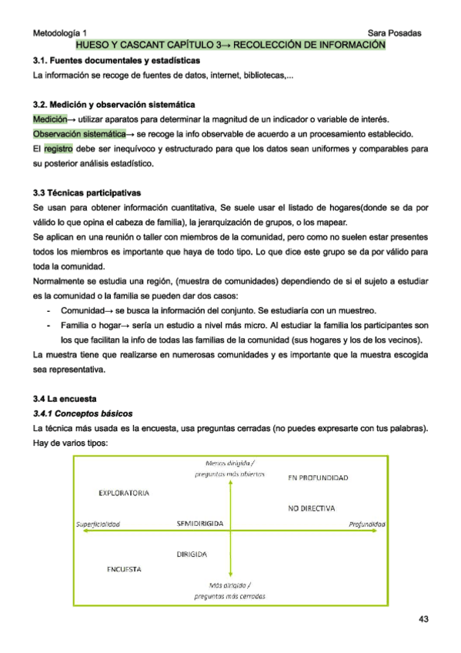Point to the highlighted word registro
[x=58, y=148]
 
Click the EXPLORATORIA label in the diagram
[x=124, y=493]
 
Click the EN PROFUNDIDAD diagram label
[x=318, y=478]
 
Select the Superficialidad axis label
[x=99, y=524]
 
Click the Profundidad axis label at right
[x=366, y=524]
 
